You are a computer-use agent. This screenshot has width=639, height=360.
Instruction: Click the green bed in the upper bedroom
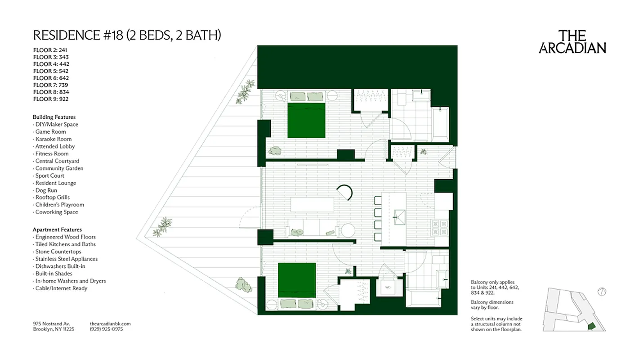point(306,120)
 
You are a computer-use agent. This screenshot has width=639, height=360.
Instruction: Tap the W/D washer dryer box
point(388,287)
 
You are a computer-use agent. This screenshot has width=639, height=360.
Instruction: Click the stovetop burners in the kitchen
point(439,228)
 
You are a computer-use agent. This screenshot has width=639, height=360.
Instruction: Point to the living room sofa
point(313,228)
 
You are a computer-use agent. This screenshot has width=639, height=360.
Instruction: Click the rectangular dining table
point(313,205)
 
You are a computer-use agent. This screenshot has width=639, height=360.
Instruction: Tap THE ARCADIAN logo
point(572,42)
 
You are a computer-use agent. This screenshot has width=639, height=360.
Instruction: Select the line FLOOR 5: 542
point(51,71)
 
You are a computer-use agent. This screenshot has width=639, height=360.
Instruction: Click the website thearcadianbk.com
point(110,324)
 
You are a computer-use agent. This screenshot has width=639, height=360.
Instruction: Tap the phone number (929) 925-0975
point(106,329)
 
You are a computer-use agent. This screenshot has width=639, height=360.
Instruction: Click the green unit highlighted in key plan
point(592,326)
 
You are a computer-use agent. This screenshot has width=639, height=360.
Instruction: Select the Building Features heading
point(54,117)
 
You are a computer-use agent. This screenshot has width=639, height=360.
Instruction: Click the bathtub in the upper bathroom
point(440,124)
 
